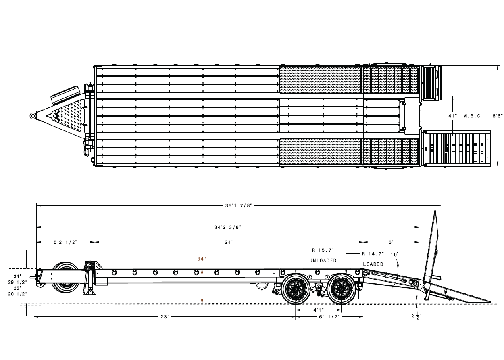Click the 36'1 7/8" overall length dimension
click(x=238, y=205)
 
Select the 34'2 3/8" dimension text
click(x=228, y=227)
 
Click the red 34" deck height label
click(x=202, y=259)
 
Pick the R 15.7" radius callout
click(x=323, y=250)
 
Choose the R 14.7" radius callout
click(x=373, y=254)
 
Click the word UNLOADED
click(x=323, y=260)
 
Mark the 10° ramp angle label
click(x=395, y=255)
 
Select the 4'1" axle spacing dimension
click(x=319, y=310)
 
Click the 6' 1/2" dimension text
click(x=330, y=317)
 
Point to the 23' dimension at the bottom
click(x=164, y=317)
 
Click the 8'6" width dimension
click(x=497, y=116)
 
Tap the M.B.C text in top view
click(x=472, y=116)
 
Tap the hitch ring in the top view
click(x=32, y=116)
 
